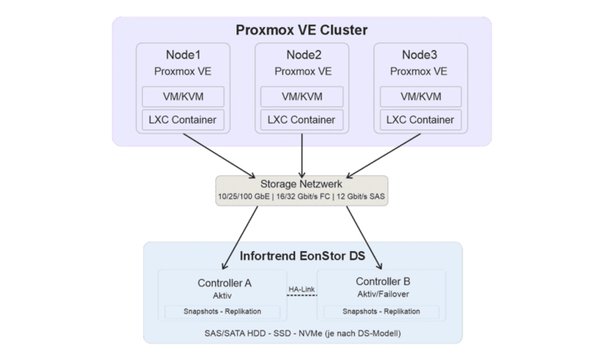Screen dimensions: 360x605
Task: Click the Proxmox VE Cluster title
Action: click(302, 30)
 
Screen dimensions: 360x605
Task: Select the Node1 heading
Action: click(182, 55)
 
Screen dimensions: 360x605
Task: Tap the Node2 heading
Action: click(302, 55)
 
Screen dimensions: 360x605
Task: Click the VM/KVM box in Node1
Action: click(182, 96)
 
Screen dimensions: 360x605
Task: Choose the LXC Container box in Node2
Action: click(302, 120)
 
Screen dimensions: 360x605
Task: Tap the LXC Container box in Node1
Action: click(182, 120)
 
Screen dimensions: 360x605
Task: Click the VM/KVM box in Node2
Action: click(302, 96)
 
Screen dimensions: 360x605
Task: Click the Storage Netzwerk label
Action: click(302, 184)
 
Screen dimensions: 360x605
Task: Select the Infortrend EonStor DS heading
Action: click(302, 255)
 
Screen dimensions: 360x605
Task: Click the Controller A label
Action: click(223, 283)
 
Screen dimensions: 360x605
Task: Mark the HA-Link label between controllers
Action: click(302, 288)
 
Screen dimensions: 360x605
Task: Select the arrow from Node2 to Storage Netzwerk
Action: click(302, 155)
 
